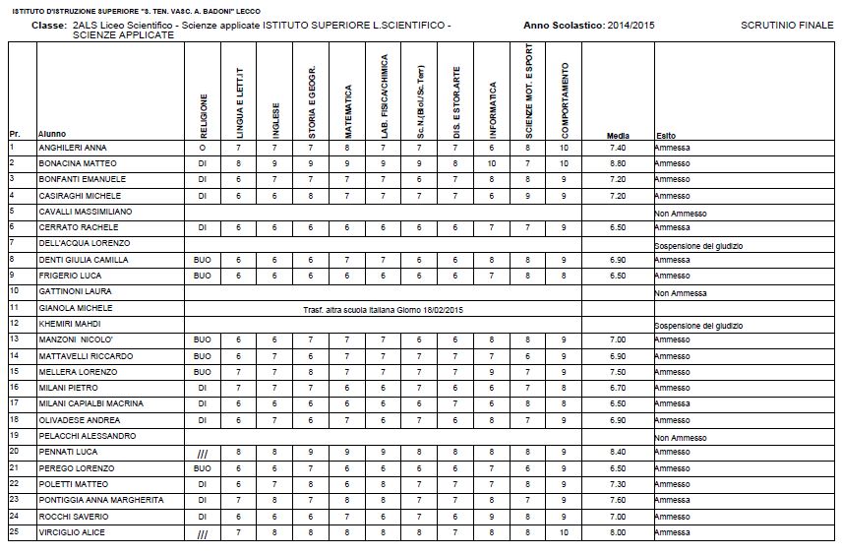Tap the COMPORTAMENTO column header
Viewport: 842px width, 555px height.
pyautogui.click(x=565, y=101)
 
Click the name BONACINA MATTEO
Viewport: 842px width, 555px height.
pyautogui.click(x=78, y=162)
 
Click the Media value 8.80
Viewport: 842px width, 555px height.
pyautogui.click(x=618, y=162)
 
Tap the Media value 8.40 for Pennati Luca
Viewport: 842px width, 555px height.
pyautogui.click(x=618, y=452)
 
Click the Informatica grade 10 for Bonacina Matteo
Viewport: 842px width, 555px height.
pyautogui.click(x=492, y=162)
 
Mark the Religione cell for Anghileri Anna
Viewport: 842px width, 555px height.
pyautogui.click(x=203, y=147)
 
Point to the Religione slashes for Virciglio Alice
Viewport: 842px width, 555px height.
pyautogui.click(x=203, y=533)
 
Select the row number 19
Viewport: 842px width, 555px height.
pyautogui.click(x=15, y=435)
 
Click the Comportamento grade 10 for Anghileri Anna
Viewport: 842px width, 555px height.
pyautogui.click(x=564, y=147)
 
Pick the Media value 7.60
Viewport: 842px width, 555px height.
pyautogui.click(x=618, y=500)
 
